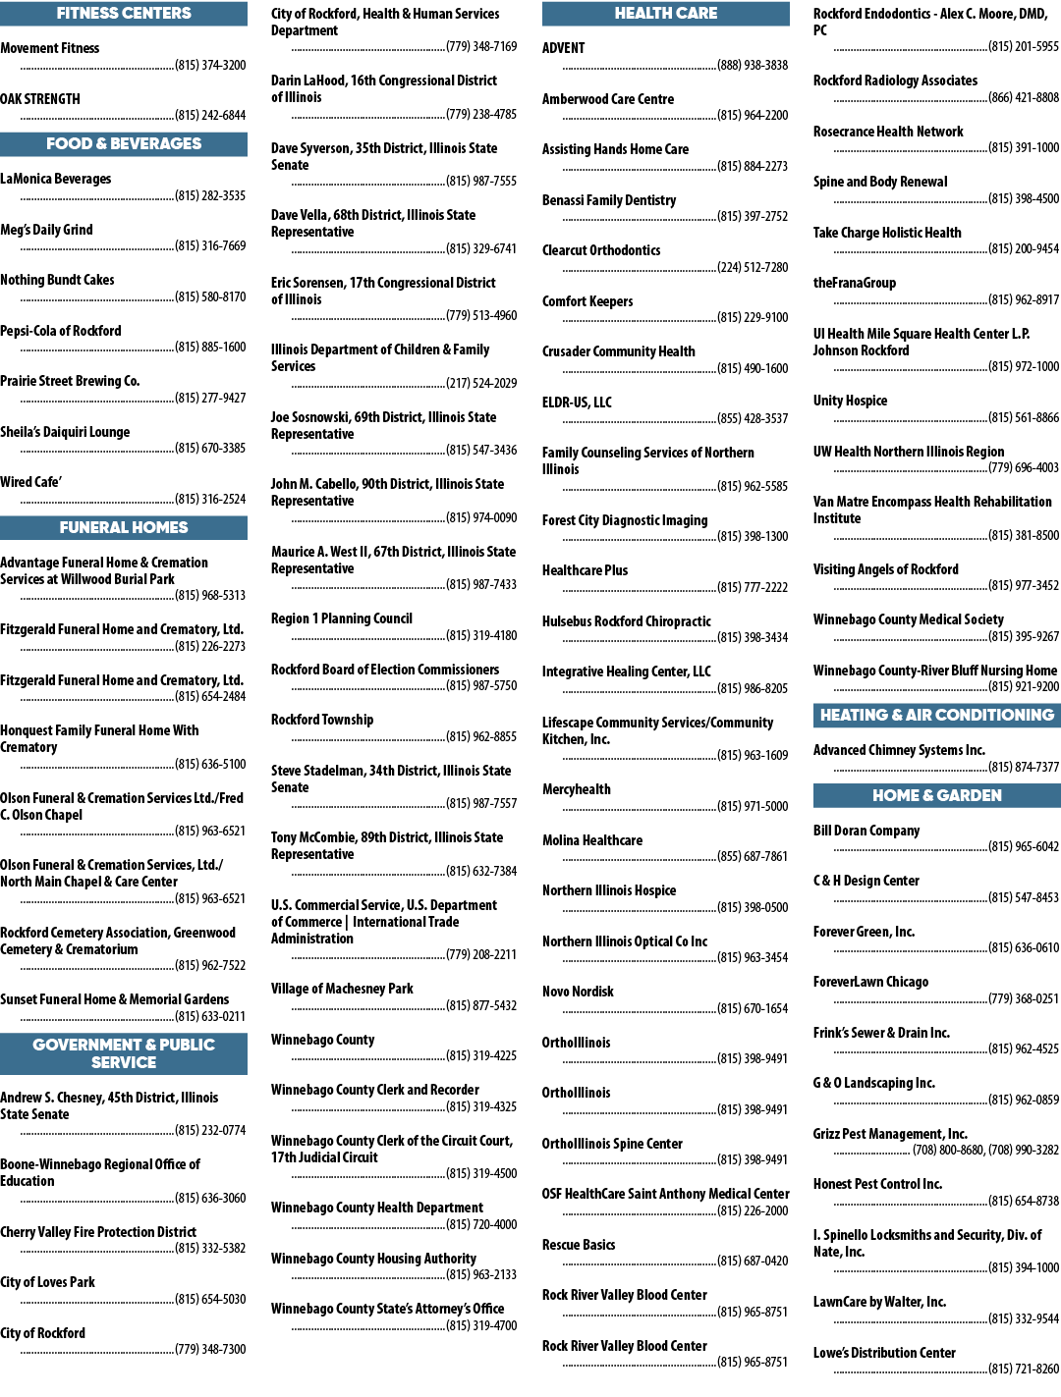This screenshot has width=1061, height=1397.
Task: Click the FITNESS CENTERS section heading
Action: coord(124,14)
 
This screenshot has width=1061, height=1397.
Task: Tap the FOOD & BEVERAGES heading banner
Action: coord(124,144)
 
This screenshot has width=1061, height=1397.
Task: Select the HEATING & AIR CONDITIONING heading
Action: coord(937,716)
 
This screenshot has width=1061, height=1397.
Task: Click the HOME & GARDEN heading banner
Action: coord(937,795)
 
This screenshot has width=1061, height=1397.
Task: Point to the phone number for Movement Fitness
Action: coord(210,65)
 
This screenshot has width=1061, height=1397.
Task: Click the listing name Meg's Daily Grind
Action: coord(46,230)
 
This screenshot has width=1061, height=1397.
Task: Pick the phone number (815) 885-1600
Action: coord(210,347)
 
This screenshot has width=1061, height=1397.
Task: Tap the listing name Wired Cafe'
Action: coord(30,482)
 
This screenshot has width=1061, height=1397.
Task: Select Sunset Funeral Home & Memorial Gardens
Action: coord(115,999)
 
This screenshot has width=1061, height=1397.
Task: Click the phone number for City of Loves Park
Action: coord(210,1299)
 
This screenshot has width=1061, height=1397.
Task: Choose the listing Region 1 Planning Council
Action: coord(341,618)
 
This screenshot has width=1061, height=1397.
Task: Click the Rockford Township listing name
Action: coord(322,720)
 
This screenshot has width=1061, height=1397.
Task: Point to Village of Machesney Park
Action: coord(342,989)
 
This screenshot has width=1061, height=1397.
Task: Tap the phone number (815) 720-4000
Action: coord(481,1224)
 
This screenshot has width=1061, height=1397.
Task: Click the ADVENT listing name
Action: coord(563,48)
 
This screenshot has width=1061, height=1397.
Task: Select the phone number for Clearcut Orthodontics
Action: coord(753,267)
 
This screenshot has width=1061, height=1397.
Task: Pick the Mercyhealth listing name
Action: coord(577,789)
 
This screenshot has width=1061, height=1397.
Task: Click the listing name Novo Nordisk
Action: coord(578,992)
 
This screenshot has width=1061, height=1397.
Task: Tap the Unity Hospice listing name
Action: coord(850,401)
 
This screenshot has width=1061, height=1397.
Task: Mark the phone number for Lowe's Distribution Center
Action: coord(1024,1369)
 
